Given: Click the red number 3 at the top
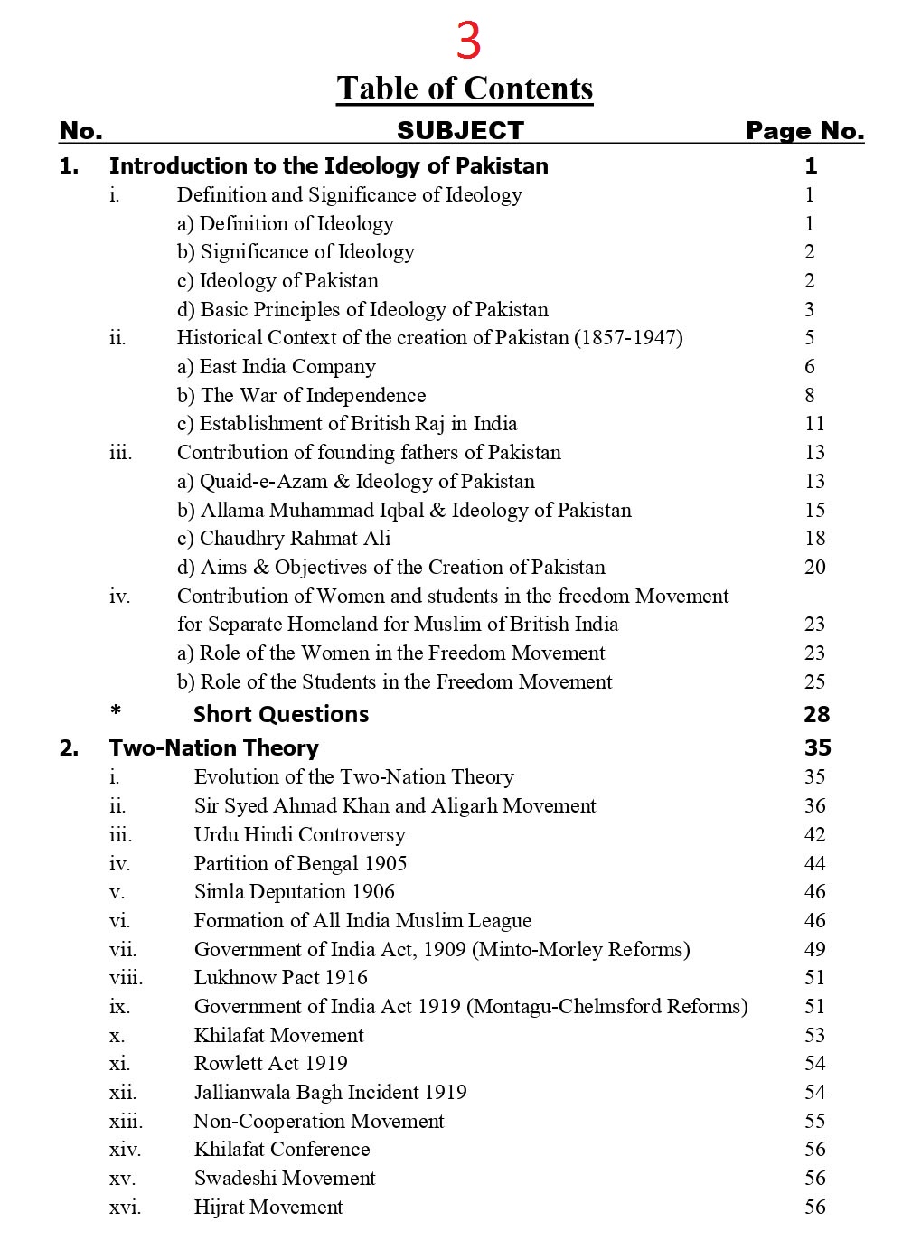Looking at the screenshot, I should pyautogui.click(x=468, y=41).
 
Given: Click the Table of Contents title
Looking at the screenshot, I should pyautogui.click(x=465, y=89).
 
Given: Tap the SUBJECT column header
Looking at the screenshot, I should pyautogui.click(x=460, y=131).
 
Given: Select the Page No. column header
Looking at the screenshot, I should pyautogui.click(x=804, y=131).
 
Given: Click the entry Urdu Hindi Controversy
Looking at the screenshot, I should pyautogui.click(x=299, y=834).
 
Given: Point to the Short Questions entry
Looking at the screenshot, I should pyautogui.click(x=280, y=714).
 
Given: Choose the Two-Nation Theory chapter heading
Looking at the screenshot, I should pyautogui.click(x=213, y=747).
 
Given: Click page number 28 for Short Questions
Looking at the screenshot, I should pyautogui.click(x=816, y=714).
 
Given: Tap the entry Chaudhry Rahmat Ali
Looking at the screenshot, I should pyautogui.click(x=284, y=539).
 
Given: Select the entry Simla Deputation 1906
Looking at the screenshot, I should pyautogui.click(x=294, y=891).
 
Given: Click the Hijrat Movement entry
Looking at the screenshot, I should pyautogui.click(x=268, y=1207).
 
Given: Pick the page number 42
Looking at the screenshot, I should pyautogui.click(x=814, y=834).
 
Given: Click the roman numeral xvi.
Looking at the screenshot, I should pyautogui.click(x=125, y=1207).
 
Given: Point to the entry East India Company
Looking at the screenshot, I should pyautogui.click(x=277, y=367).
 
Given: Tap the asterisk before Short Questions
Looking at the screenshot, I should pyautogui.click(x=116, y=712).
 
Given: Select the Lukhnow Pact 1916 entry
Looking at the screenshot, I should pyautogui.click(x=280, y=977).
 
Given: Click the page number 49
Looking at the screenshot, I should pyautogui.click(x=814, y=949).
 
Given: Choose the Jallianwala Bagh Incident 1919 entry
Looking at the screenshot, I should pyautogui.click(x=330, y=1092).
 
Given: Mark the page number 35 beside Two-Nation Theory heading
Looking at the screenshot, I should pyautogui.click(x=817, y=747).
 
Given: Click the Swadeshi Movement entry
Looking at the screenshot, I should pyautogui.click(x=285, y=1178).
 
